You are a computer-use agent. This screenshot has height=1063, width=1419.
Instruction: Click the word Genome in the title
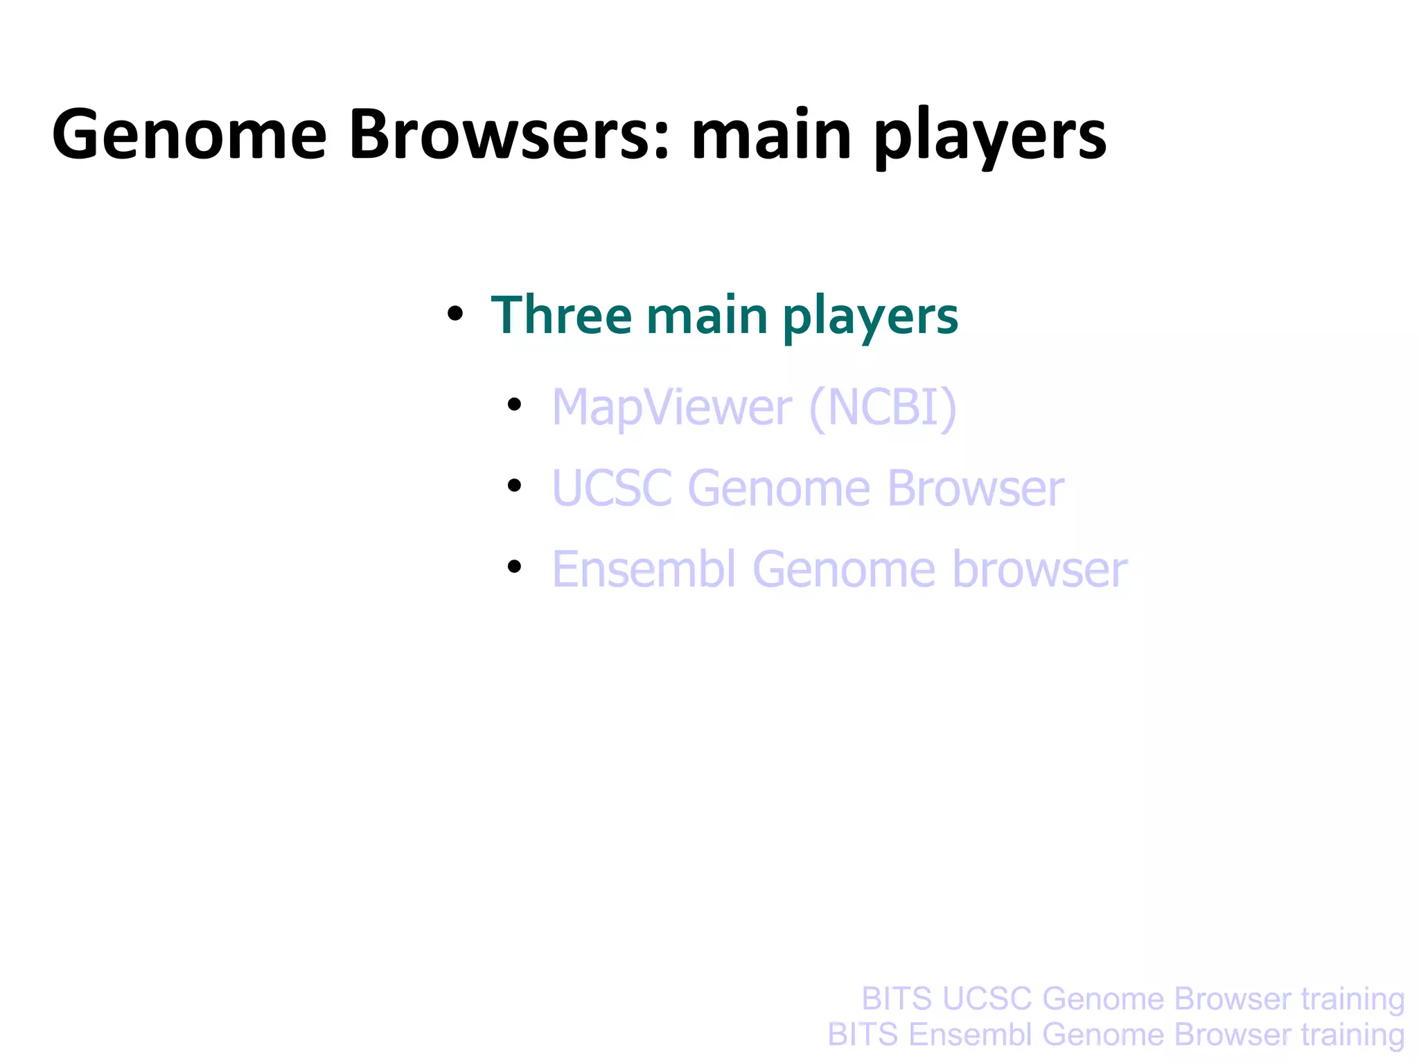[x=188, y=135]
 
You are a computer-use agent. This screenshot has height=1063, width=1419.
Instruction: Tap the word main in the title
[x=771, y=135]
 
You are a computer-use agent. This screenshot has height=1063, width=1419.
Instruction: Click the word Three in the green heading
[x=561, y=316]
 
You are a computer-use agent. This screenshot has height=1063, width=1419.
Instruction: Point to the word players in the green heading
[x=870, y=319]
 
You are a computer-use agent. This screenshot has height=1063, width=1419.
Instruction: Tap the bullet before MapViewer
[x=513, y=404]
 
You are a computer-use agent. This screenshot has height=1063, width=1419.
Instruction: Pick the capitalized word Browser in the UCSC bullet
[x=975, y=489]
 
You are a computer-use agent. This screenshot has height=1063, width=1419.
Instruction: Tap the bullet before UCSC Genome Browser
[x=513, y=485]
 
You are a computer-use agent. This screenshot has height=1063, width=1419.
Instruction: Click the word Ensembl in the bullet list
[x=644, y=569]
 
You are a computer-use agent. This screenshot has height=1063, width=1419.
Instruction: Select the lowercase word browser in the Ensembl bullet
[x=1039, y=569]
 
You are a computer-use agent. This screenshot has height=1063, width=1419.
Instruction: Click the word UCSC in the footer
[x=987, y=999]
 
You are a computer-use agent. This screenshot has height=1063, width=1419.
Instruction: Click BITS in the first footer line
[x=897, y=999]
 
